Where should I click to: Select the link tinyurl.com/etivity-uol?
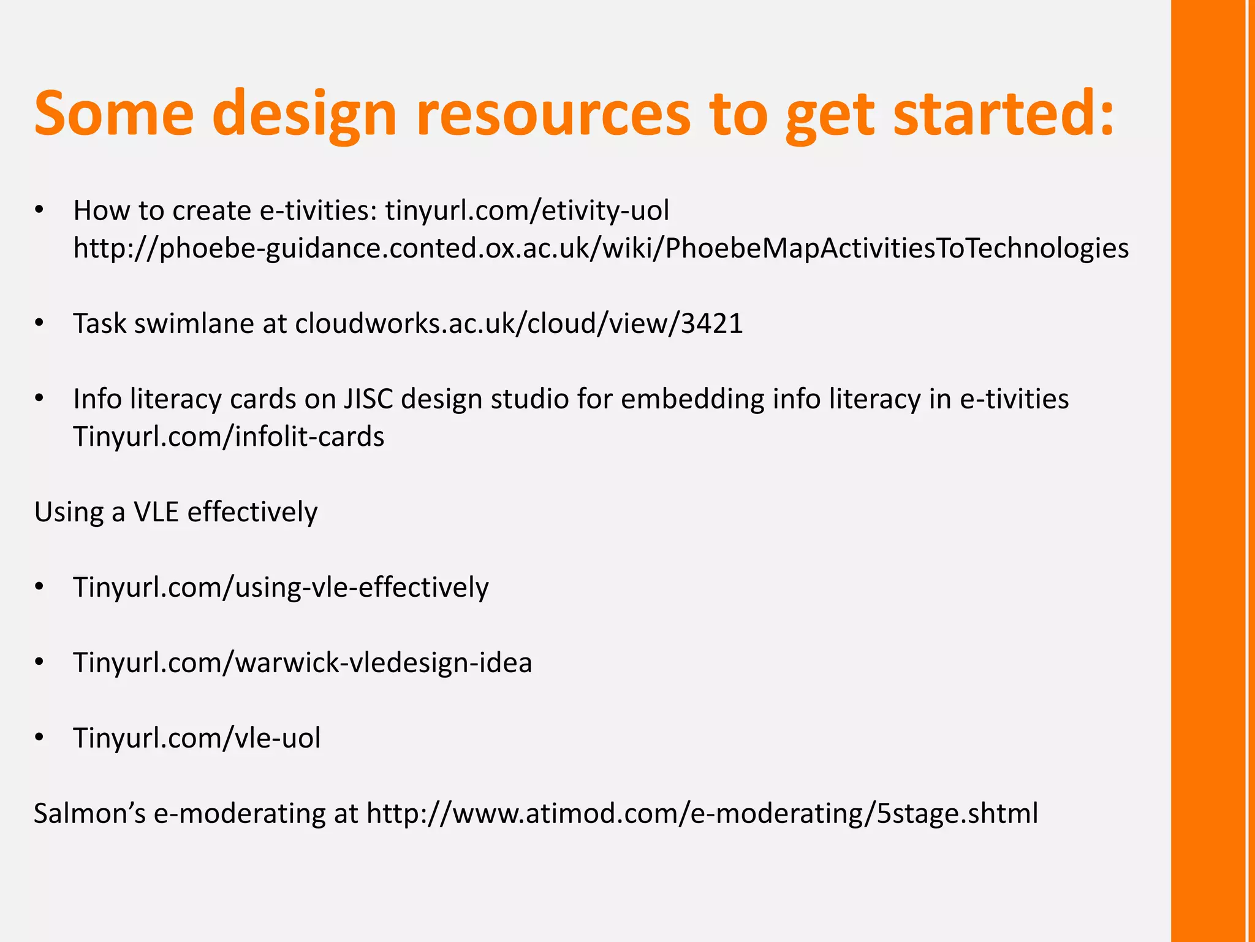coord(527,210)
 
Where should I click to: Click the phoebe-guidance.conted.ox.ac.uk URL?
coord(601,248)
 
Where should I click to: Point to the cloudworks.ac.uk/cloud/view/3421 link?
coord(518,323)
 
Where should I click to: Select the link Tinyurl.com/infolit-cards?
coord(229,437)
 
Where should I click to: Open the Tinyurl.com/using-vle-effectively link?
coord(281,587)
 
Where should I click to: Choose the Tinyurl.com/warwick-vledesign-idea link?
coord(303,662)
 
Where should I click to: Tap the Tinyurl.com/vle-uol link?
coord(197,738)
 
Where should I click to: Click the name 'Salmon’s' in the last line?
coord(89,813)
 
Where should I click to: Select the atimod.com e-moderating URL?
coord(702,813)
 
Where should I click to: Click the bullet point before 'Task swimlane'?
coord(40,323)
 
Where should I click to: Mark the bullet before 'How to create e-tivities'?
coord(40,210)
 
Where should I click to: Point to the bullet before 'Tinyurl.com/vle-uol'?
coord(40,738)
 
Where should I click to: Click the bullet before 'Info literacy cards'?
coord(40,399)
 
